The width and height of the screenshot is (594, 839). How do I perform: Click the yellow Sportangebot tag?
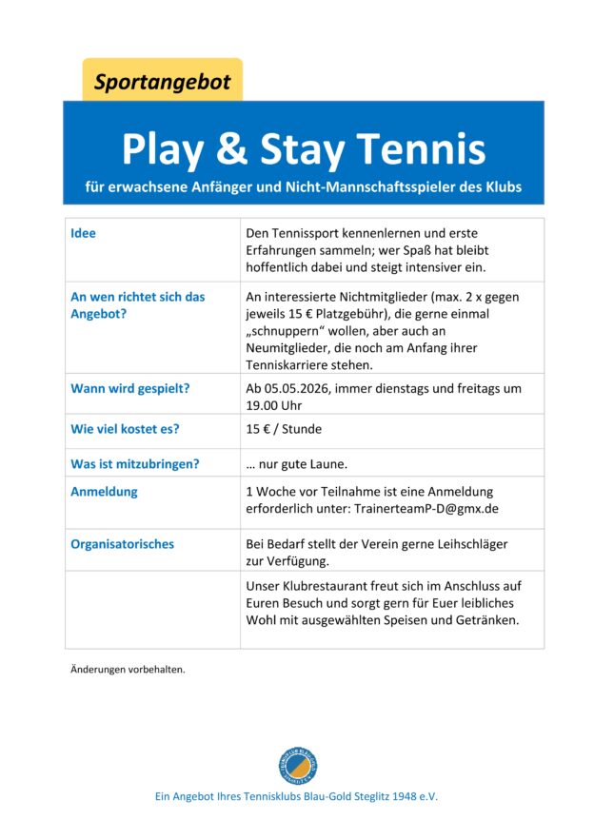coord(162,82)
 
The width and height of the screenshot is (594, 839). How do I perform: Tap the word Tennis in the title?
coord(423,148)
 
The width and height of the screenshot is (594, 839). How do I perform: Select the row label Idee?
coord(84,233)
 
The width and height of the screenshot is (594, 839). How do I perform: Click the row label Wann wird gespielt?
coord(129,388)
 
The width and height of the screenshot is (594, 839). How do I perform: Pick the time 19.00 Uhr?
coord(273,405)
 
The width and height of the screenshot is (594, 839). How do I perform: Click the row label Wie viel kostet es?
coord(125,429)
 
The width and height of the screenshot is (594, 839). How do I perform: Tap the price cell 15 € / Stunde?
coord(284,429)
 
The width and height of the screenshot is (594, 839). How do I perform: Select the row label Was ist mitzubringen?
coord(134,463)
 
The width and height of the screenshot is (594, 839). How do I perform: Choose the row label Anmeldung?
coord(104,492)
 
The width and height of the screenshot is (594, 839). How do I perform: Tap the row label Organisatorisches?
coord(123,544)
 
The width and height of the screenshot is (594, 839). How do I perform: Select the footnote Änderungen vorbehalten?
coord(128,669)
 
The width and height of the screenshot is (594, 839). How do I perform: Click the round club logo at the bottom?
coord(297,766)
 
